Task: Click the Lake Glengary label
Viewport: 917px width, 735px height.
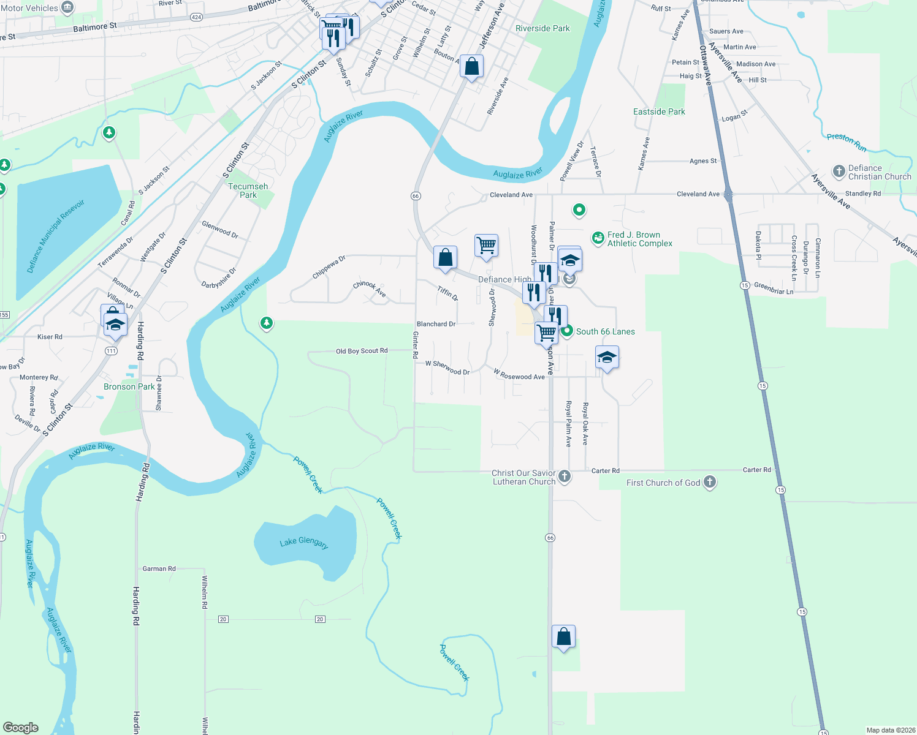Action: pyautogui.click(x=304, y=543)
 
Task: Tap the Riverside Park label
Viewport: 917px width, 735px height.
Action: pyautogui.click(x=542, y=28)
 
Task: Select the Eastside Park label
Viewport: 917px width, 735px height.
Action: pyautogui.click(x=659, y=111)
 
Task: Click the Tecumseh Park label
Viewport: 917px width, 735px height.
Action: pyautogui.click(x=248, y=190)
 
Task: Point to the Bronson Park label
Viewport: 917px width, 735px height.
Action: pyautogui.click(x=129, y=386)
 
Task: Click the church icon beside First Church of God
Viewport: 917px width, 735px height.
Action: pyautogui.click(x=710, y=482)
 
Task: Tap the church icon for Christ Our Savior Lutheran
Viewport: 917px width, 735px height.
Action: pyautogui.click(x=565, y=476)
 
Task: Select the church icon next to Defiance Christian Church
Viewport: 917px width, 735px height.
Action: pyautogui.click(x=839, y=171)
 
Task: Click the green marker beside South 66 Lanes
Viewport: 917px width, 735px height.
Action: pyautogui.click(x=567, y=331)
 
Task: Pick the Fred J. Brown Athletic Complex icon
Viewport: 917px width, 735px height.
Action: pyautogui.click(x=598, y=238)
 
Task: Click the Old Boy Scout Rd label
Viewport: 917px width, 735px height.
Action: pyautogui.click(x=362, y=351)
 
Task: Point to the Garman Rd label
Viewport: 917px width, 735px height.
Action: pyautogui.click(x=159, y=568)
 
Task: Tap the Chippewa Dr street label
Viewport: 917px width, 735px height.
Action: pyautogui.click(x=329, y=267)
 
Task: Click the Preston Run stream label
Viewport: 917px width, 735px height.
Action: pyautogui.click(x=847, y=141)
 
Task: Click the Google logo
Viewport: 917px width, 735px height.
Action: pyautogui.click(x=21, y=727)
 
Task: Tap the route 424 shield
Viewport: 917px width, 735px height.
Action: pyautogui.click(x=196, y=17)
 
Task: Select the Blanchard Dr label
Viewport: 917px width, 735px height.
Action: pyautogui.click(x=436, y=324)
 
